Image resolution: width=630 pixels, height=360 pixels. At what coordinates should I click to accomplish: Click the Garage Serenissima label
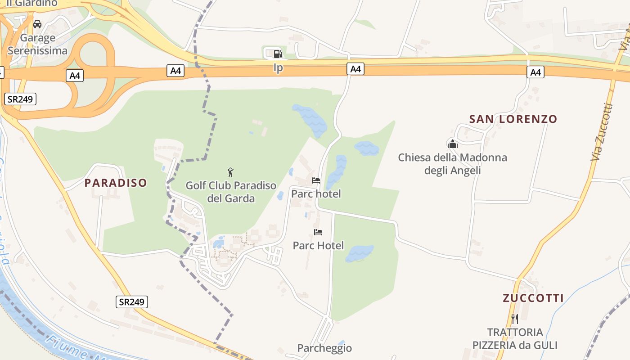coord(37,44)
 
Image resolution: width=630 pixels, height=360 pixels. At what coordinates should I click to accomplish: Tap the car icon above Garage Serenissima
coord(37,24)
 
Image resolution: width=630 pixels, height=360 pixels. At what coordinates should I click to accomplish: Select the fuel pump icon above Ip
coord(278,54)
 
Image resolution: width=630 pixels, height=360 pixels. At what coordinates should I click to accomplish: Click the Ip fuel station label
coord(279,68)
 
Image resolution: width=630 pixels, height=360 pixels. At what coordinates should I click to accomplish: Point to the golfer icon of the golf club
coord(230,172)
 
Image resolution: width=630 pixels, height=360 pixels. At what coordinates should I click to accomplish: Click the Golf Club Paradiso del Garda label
coord(231,192)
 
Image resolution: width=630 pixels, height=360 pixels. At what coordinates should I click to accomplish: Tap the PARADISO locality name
coord(116,183)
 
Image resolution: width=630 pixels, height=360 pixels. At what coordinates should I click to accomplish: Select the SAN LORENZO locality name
coord(513,119)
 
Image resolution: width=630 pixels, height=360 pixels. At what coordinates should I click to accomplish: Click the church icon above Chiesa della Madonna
coord(452,144)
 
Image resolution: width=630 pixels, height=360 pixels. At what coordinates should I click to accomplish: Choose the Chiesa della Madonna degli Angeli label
coord(452,164)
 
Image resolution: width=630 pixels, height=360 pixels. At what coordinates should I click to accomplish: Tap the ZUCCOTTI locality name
coord(533,298)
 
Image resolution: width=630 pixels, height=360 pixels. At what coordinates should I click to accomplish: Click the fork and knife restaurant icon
coord(515,319)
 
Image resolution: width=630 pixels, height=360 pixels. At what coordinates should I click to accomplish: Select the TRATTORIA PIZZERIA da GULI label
coord(515,339)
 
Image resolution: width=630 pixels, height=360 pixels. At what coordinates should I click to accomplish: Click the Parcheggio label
coord(324,348)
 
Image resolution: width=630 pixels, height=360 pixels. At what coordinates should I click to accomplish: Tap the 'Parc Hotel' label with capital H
coord(318,245)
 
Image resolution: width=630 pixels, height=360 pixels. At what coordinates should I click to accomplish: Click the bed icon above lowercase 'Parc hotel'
coord(316,180)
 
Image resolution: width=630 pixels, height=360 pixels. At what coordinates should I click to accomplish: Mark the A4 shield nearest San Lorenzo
coord(535,72)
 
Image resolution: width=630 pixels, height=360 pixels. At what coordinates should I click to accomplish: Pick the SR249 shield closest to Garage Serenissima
coord(20,99)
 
